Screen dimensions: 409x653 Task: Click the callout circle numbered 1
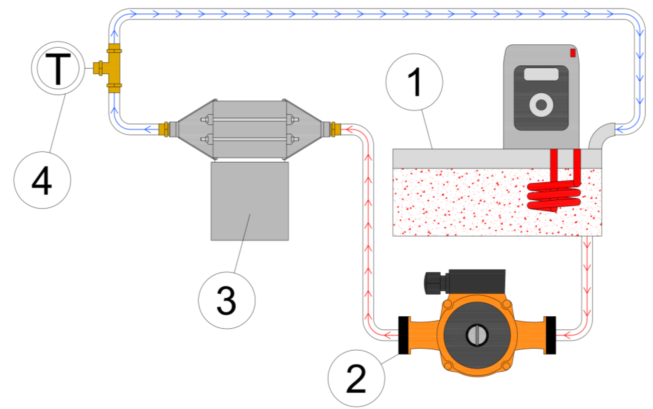pos(414,82)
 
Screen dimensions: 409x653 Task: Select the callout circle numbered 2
pos(356,378)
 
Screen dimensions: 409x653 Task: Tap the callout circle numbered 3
pos(227,300)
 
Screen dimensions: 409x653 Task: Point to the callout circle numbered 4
pos(42,180)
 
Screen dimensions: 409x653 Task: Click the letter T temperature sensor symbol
pos(58,68)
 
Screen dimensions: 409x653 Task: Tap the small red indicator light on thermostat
pos(573,53)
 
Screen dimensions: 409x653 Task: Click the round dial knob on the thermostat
pos(541,105)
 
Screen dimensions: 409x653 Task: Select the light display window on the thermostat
pos(541,74)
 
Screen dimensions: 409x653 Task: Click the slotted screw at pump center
pos(477,335)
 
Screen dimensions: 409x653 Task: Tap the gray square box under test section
pos(250,201)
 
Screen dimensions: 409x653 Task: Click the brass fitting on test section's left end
pos(163,129)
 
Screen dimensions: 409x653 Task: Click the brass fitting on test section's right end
pos(335,129)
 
